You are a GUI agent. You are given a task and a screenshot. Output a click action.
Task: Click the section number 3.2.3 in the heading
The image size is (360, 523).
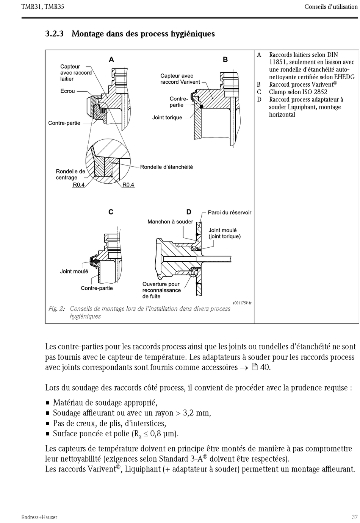pyautogui.click(x=54, y=34)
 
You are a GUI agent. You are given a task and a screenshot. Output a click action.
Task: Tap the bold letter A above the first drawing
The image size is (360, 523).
pyautogui.click(x=111, y=59)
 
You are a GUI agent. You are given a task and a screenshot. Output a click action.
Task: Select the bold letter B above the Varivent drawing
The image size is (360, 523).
pyautogui.click(x=225, y=59)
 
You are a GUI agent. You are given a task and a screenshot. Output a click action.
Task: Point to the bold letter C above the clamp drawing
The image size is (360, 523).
pyautogui.click(x=111, y=212)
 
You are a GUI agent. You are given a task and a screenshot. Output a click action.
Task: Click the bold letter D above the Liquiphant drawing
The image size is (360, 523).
pyautogui.click(x=189, y=212)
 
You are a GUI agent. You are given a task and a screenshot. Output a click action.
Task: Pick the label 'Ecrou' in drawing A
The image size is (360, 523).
pyautogui.click(x=68, y=91)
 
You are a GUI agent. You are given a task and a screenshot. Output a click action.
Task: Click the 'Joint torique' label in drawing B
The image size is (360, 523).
pyautogui.click(x=167, y=118)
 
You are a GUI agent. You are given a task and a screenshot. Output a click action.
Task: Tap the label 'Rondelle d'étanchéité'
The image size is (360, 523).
pyautogui.click(x=166, y=167)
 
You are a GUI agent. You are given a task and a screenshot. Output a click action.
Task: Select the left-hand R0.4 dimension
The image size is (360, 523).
pyautogui.click(x=78, y=185)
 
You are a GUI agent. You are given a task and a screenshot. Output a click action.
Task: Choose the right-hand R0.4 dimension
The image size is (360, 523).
pyautogui.click(x=128, y=185)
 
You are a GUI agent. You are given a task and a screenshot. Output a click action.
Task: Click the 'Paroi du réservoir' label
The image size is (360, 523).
pyautogui.click(x=229, y=213)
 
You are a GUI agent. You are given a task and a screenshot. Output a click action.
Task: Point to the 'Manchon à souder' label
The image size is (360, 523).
pyautogui.click(x=170, y=222)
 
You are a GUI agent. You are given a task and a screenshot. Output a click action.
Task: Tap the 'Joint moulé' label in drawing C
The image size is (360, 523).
pyautogui.click(x=74, y=272)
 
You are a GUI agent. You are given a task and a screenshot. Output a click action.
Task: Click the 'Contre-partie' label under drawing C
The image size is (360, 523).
pyautogui.click(x=97, y=288)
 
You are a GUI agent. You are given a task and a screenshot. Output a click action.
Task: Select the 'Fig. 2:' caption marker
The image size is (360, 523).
pyautogui.click(x=56, y=309)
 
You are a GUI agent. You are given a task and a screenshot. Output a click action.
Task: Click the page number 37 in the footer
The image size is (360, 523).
pyautogui.click(x=355, y=517)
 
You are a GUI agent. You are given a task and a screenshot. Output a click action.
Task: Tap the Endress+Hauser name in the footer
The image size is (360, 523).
pyautogui.click(x=39, y=517)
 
